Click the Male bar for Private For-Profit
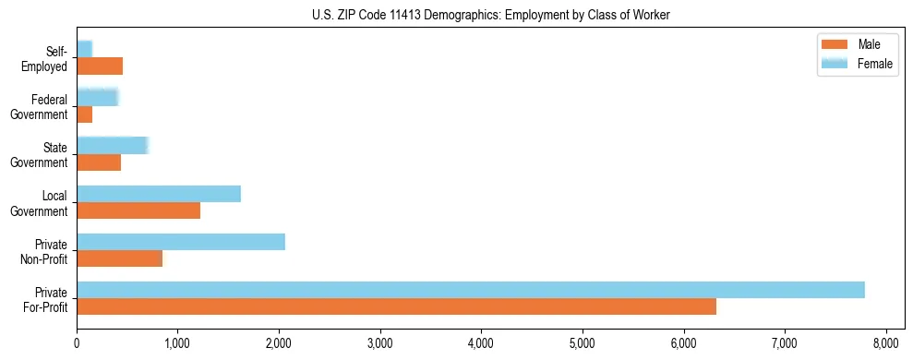tap(396, 306)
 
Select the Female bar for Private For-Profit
tap(471, 290)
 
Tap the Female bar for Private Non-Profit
tap(181, 242)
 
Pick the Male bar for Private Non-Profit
tap(119, 258)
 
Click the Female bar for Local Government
tap(159, 194)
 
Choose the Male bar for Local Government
tap(138, 210)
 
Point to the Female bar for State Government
tap(112, 145)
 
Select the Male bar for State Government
tap(99, 162)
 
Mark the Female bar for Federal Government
tap(97, 97)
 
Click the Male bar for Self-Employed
tap(100, 66)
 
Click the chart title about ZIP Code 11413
tap(490, 14)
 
